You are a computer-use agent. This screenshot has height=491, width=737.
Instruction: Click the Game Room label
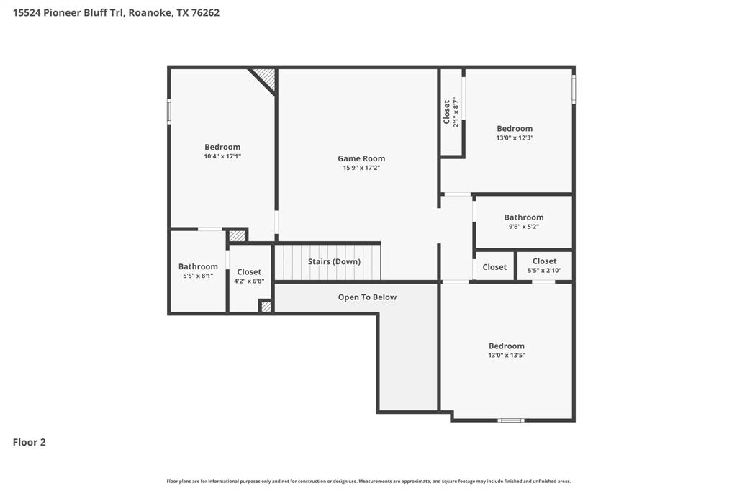pyautogui.click(x=361, y=158)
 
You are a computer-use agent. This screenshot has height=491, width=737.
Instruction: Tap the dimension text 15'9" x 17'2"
pyautogui.click(x=361, y=168)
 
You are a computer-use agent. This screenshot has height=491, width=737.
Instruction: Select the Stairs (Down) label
pyautogui.click(x=334, y=261)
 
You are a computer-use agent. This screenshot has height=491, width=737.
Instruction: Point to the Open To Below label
pyautogui.click(x=367, y=297)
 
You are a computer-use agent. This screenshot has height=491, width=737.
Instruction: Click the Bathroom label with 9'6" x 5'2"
pyautogui.click(x=523, y=217)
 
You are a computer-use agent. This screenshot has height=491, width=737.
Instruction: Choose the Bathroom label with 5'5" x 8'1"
pyautogui.click(x=198, y=266)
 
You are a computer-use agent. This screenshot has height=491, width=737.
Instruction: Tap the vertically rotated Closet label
pyautogui.click(x=446, y=112)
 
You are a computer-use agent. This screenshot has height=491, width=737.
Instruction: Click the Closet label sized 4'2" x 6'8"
pyautogui.click(x=249, y=272)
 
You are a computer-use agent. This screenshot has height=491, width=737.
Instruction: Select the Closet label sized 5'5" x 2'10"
pyautogui.click(x=544, y=261)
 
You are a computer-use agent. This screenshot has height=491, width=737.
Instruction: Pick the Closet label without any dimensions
pyautogui.click(x=494, y=267)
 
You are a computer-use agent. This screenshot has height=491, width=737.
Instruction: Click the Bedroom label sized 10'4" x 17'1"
pyautogui.click(x=222, y=147)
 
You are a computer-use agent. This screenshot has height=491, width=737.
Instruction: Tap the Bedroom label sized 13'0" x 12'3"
pyautogui.click(x=515, y=129)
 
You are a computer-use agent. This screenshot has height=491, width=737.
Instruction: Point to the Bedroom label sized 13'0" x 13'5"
pyautogui.click(x=507, y=346)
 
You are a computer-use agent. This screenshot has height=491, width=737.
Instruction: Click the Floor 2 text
pyautogui.click(x=30, y=443)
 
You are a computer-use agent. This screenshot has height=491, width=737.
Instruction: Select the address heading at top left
pyautogui.click(x=116, y=13)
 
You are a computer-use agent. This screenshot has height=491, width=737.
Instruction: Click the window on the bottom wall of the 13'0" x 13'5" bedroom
pyautogui.click(x=511, y=420)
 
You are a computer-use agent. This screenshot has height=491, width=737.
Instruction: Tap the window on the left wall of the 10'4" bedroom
pyautogui.click(x=169, y=112)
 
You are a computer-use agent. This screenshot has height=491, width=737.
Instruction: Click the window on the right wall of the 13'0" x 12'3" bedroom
pyautogui.click(x=574, y=89)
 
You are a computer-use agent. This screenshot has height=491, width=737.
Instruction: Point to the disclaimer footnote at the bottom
pyautogui.click(x=368, y=481)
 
